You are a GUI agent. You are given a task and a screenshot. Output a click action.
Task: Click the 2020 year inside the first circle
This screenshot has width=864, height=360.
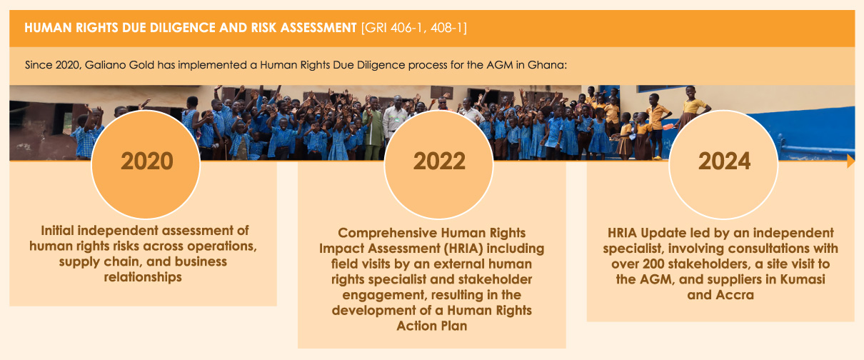tap(146, 161)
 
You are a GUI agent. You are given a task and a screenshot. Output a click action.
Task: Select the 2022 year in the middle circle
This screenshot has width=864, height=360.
tap(439, 161)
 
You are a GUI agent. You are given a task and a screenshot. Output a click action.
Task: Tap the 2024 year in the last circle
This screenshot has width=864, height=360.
tap(724, 161)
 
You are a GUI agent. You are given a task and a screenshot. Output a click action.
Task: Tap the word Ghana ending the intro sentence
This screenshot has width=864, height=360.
tap(547, 65)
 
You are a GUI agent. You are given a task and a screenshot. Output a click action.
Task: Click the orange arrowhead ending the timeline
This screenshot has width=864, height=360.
tap(851, 161)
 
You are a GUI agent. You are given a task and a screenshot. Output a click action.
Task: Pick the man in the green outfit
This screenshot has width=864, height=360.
tap(372, 128)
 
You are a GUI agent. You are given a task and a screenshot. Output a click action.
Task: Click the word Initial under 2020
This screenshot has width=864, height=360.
tap(57, 231)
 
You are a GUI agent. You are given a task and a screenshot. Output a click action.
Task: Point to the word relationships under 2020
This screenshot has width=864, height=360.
tap(143, 277)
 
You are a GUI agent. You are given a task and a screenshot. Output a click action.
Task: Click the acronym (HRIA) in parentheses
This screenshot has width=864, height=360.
tap(463, 249)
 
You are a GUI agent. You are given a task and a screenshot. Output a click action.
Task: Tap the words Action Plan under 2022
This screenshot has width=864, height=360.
tap(431, 326)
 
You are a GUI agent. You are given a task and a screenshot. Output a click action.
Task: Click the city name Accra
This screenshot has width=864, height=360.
tap(734, 295)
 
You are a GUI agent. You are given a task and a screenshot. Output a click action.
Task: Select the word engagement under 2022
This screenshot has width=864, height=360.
tap(385, 296)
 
